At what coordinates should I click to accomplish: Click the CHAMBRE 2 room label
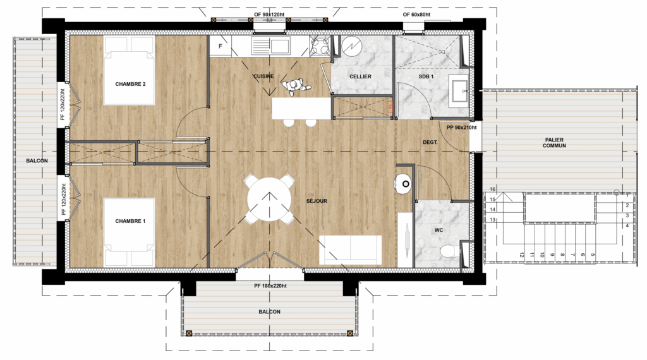point(130,84)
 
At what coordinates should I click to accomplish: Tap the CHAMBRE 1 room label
point(130,221)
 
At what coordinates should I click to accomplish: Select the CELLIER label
point(360,76)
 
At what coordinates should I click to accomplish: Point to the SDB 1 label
point(426,76)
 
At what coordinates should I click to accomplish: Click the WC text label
point(438,230)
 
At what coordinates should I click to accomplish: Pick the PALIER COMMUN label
point(554,143)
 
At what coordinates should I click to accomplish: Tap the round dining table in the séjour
point(269,200)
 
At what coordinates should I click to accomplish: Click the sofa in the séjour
point(351,250)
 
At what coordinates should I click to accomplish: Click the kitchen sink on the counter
point(270,45)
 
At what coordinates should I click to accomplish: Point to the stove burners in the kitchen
point(320,45)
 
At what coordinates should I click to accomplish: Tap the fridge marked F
point(221,46)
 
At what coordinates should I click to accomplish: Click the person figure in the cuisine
point(294,86)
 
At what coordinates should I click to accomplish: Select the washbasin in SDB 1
point(459,91)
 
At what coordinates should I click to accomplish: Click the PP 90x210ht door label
point(462,128)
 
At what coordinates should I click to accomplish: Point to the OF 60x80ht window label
point(417,15)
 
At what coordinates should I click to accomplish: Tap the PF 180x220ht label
point(270,285)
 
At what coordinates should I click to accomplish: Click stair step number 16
point(493,189)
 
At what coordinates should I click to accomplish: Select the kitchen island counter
point(301,109)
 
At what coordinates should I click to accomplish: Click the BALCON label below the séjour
point(269,312)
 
